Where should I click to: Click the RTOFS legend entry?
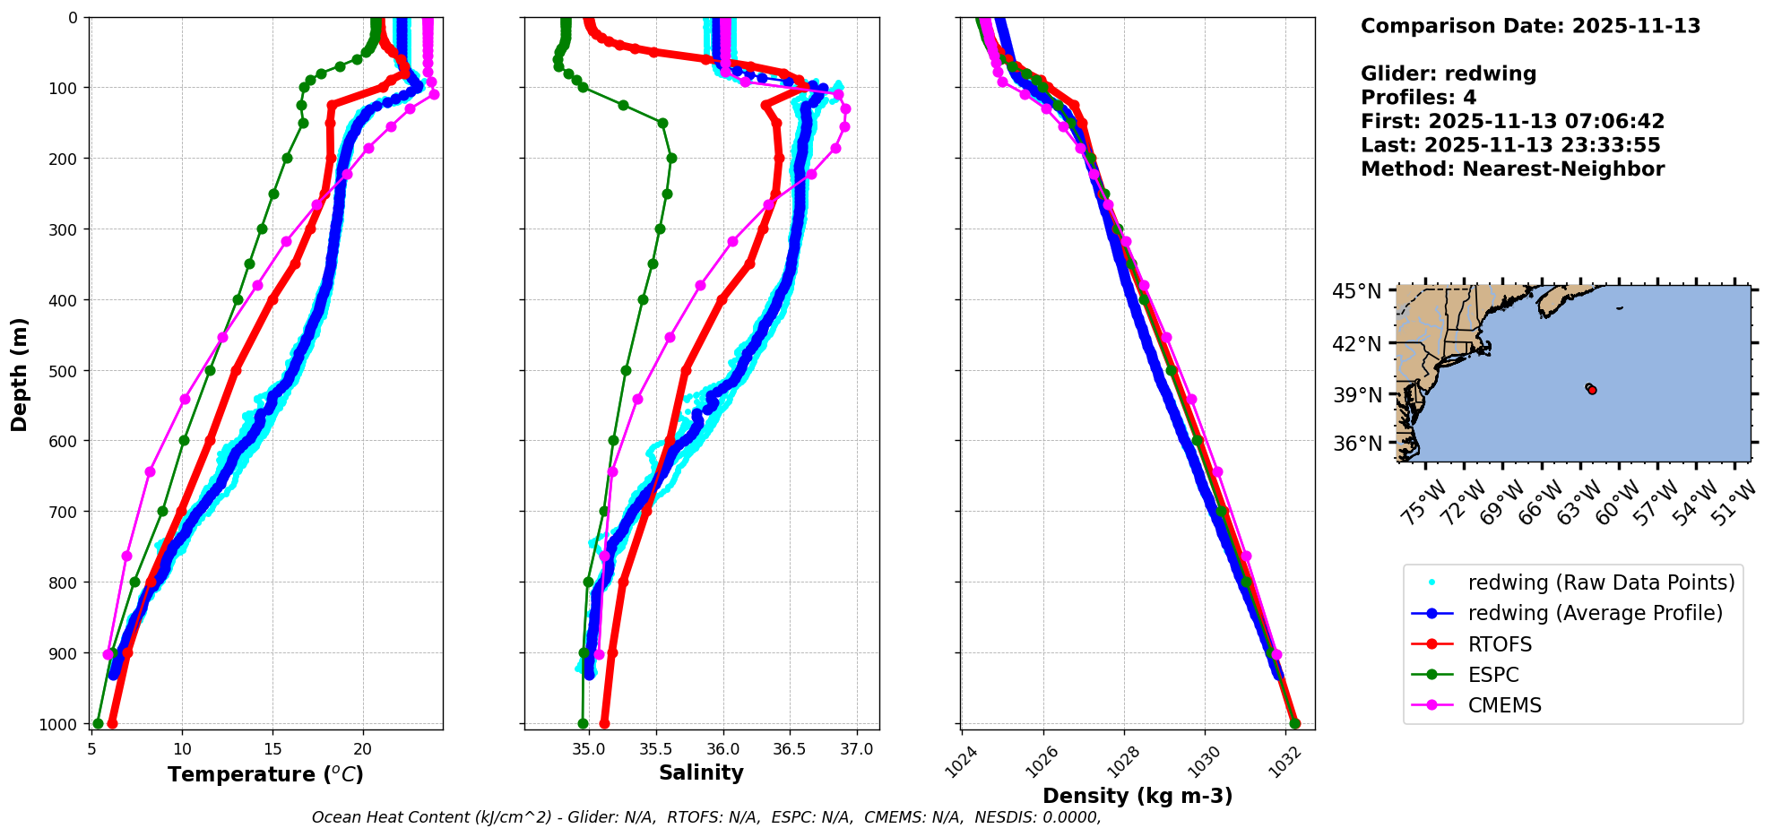[1500, 644]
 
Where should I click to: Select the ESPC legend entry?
[1493, 675]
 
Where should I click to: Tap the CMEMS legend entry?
[1504, 705]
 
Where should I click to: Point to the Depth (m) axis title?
[20, 375]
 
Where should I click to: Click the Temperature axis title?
[265, 774]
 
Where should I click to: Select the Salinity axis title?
[701, 772]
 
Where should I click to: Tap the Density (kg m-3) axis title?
[1137, 796]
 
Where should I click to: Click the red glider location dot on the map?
[1592, 390]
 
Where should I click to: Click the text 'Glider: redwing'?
[1448, 73]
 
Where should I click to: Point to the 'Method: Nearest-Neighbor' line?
[1512, 168]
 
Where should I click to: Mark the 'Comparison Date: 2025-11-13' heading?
[1530, 26]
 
